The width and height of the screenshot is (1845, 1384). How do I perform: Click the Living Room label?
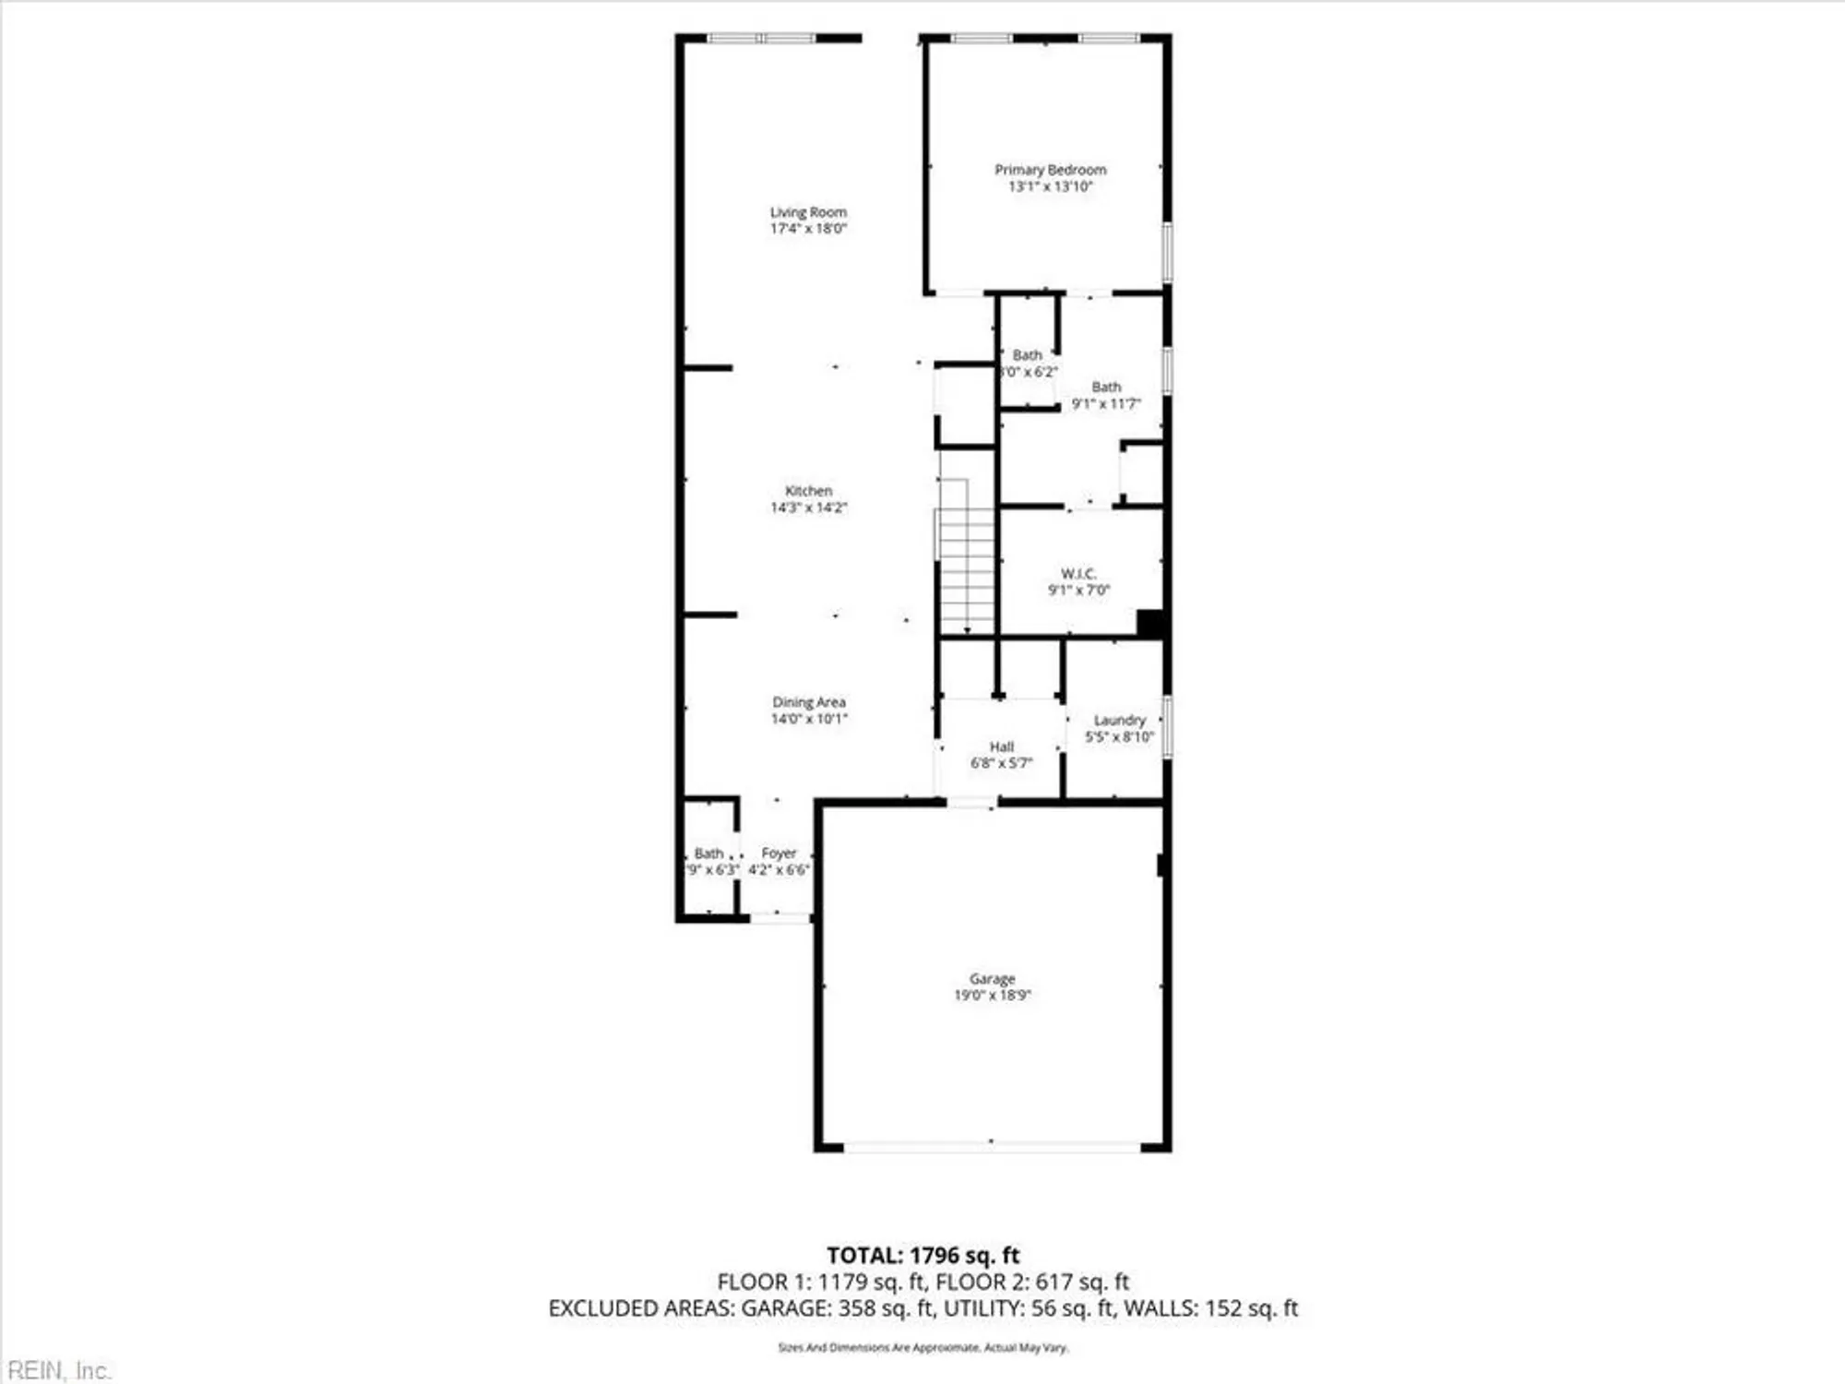[x=808, y=212]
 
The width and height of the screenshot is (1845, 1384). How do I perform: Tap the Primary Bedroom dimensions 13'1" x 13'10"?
[x=1050, y=186]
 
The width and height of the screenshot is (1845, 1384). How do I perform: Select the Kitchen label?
[x=808, y=491]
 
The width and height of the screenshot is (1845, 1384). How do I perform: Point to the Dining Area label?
[x=808, y=702]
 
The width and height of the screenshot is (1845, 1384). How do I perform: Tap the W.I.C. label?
[x=1078, y=574]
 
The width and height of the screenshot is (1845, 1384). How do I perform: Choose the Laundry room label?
[x=1119, y=720]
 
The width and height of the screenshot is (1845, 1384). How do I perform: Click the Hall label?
[x=1001, y=746]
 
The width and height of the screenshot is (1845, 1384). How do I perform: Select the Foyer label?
[x=779, y=853]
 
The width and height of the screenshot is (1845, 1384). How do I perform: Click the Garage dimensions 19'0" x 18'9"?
[x=992, y=995]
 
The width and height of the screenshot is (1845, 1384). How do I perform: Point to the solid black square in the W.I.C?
[x=1149, y=623]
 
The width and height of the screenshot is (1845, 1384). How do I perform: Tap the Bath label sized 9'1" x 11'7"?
[x=1106, y=388]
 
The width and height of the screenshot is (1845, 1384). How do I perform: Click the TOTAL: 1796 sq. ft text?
[x=922, y=1255]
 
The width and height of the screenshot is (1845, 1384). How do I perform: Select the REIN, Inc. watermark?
[x=57, y=1370]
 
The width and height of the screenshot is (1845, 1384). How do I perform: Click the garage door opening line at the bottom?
[x=992, y=1147]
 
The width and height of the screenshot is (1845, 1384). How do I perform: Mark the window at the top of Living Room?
[x=761, y=38]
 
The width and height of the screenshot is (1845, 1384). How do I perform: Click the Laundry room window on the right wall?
[x=1167, y=727]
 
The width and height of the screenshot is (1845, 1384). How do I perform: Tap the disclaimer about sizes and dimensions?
[x=922, y=1348]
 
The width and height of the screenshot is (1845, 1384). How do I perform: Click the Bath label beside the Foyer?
[x=708, y=853]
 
